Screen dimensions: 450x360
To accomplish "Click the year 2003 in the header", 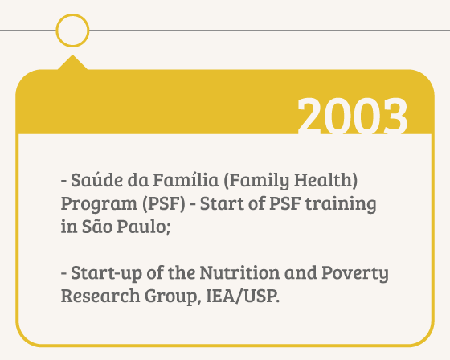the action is pos(353,116).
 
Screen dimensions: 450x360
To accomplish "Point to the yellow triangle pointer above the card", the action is pos(72,63).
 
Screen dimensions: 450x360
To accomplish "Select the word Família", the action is pos(186,180).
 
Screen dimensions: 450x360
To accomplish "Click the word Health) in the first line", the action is pos(326,180).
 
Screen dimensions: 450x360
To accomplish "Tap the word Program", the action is pos(99,204).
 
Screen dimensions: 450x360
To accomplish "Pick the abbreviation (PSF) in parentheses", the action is pos(164,204).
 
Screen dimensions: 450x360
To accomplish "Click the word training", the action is pos(341,204).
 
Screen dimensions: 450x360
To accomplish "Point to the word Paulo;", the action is pos(144,227).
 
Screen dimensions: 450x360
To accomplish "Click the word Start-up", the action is pos(106,273).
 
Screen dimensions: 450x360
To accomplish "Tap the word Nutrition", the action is pos(239,272).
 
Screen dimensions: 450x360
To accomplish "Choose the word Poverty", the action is pos(355,273).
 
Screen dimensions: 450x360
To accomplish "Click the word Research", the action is pos(100,296).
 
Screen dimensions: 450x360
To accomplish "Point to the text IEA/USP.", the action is pos(243,296).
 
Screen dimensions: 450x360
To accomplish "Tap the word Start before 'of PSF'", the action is pos(222,204).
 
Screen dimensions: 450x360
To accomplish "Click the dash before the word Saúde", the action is pos(64,181).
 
